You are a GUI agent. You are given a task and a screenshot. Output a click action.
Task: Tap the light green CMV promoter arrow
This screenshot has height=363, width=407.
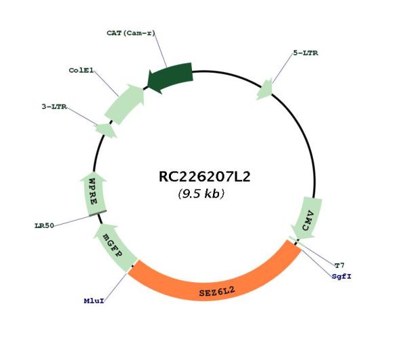(x=307, y=217)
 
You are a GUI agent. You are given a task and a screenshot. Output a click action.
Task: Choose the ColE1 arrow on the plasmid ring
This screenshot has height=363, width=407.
(x=125, y=102)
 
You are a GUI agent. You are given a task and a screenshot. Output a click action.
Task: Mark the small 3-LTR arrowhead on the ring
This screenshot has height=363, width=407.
(x=105, y=129)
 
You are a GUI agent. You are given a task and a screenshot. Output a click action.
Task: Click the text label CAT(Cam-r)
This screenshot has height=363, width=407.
(x=130, y=32)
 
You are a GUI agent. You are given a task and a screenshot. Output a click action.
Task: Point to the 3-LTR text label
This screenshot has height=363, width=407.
(x=55, y=107)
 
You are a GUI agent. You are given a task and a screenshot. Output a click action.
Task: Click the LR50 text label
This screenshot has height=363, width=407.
(x=45, y=225)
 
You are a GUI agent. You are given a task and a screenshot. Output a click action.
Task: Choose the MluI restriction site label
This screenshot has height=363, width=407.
(x=94, y=299)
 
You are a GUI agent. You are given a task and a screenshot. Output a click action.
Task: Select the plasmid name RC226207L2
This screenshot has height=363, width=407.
(x=204, y=177)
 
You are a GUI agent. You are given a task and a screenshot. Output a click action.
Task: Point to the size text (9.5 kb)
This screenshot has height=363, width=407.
(x=201, y=194)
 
